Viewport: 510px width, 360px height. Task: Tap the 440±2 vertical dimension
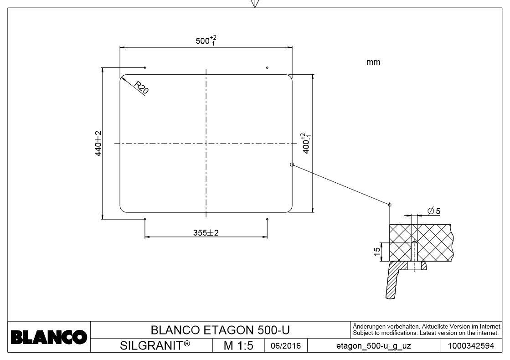coord(98,144)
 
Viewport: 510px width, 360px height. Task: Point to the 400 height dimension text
coord(306,143)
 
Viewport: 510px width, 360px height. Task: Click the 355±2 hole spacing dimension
coord(206,232)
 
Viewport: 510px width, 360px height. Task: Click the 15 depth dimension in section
coord(377,252)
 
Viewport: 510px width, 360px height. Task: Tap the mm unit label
coord(373,62)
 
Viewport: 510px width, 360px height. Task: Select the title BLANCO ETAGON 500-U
coord(220,329)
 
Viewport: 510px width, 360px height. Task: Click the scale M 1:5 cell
coord(238,346)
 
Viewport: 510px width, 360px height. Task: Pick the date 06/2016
coord(286,346)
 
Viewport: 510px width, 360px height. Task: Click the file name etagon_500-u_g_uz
coord(373,346)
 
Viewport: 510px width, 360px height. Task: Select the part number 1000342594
coord(471,346)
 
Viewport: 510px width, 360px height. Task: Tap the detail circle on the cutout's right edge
coord(292,165)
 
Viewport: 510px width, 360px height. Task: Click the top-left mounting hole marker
coord(145,67)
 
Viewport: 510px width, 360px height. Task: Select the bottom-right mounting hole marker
coord(267,219)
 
